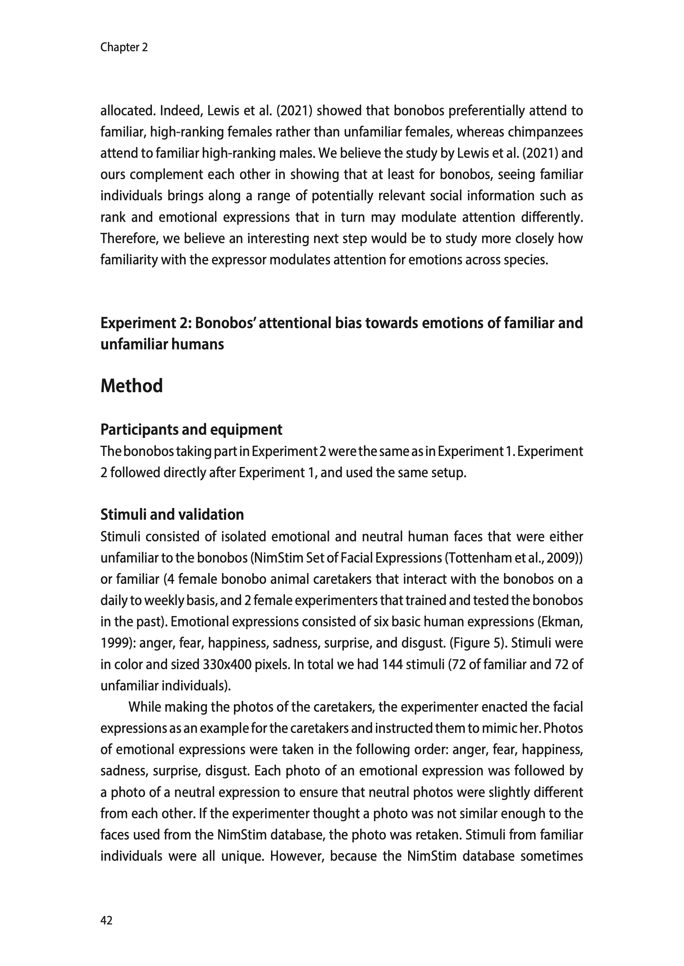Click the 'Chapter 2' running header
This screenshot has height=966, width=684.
pyautogui.click(x=124, y=47)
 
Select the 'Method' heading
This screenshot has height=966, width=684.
pyautogui.click(x=131, y=386)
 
